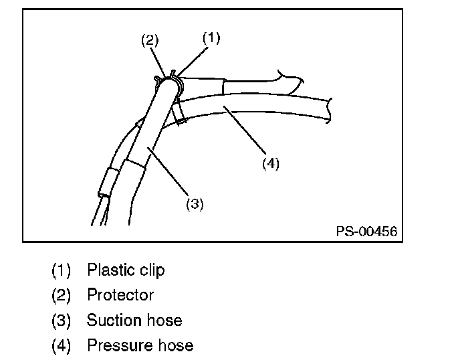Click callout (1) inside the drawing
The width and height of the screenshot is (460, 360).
(211, 38)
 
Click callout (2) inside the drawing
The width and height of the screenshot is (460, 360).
(149, 40)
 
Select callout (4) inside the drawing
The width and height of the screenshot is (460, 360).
(270, 163)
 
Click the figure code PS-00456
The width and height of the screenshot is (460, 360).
(367, 232)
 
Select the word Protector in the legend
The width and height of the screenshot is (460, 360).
(120, 295)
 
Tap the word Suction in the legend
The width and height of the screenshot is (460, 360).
(110, 321)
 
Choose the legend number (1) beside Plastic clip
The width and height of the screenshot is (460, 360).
(61, 270)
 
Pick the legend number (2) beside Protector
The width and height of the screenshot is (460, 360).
(61, 295)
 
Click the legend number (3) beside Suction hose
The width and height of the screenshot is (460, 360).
(61, 321)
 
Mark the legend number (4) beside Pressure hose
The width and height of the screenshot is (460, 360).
(61, 346)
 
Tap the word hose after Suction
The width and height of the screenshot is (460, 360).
(166, 321)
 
